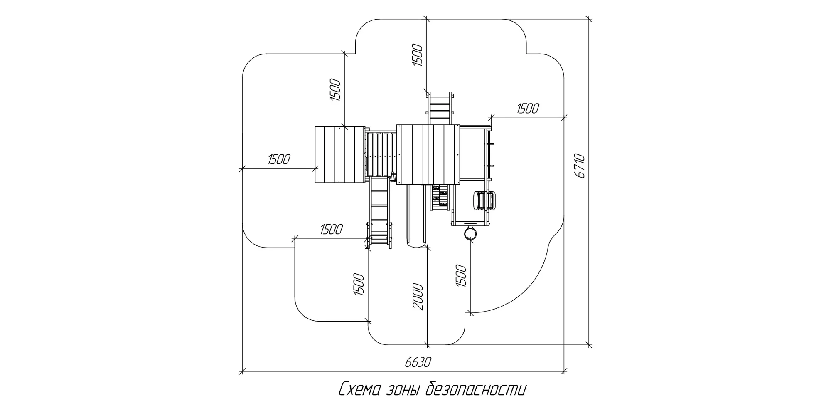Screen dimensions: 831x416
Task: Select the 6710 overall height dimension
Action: (581, 166)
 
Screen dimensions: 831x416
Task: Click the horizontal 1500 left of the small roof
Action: (279, 159)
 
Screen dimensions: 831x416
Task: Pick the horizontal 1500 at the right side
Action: (528, 109)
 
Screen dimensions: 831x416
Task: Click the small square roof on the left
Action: (340, 155)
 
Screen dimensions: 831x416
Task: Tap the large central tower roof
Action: (428, 154)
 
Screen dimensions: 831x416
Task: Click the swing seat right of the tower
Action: (484, 201)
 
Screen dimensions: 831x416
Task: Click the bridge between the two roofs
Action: (381, 154)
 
